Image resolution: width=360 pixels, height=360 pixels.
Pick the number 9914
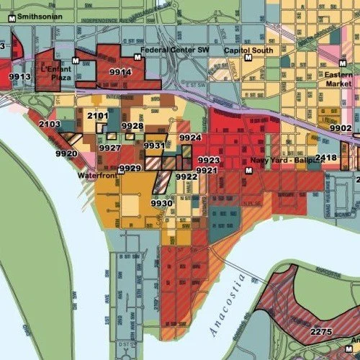click(120, 72)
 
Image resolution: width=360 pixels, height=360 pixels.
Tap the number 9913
click(19, 76)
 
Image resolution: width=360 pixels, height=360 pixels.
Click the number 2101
click(98, 115)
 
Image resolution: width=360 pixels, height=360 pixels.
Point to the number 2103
click(50, 125)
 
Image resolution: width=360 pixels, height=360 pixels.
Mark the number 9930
click(162, 204)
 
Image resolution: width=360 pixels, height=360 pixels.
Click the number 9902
click(340, 127)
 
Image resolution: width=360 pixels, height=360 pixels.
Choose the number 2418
click(326, 157)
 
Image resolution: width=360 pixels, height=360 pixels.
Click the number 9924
click(190, 137)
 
